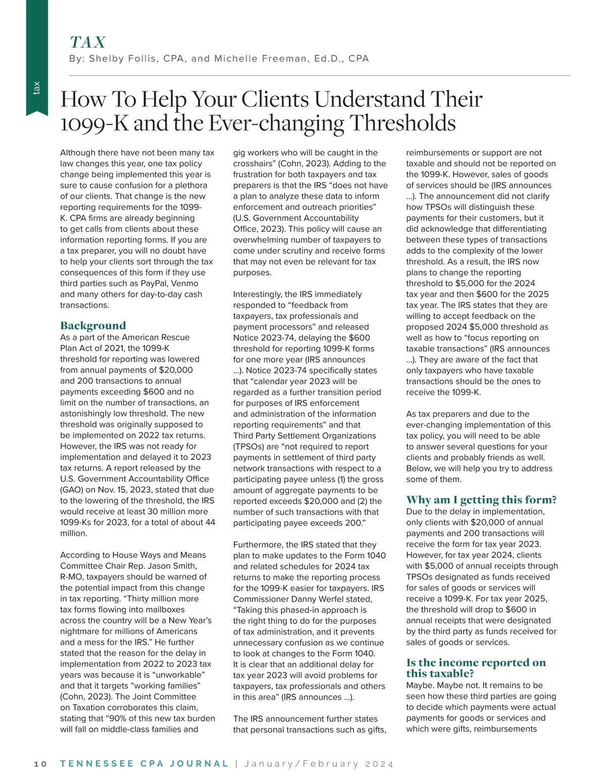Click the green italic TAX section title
88,42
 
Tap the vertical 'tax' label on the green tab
36,88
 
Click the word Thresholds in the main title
402,123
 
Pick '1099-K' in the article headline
94,123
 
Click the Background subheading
93,326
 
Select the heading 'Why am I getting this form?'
481,500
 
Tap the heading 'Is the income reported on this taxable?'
476,668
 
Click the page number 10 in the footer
40,764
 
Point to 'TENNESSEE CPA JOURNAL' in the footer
144,764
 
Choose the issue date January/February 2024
319,764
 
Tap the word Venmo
185,283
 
